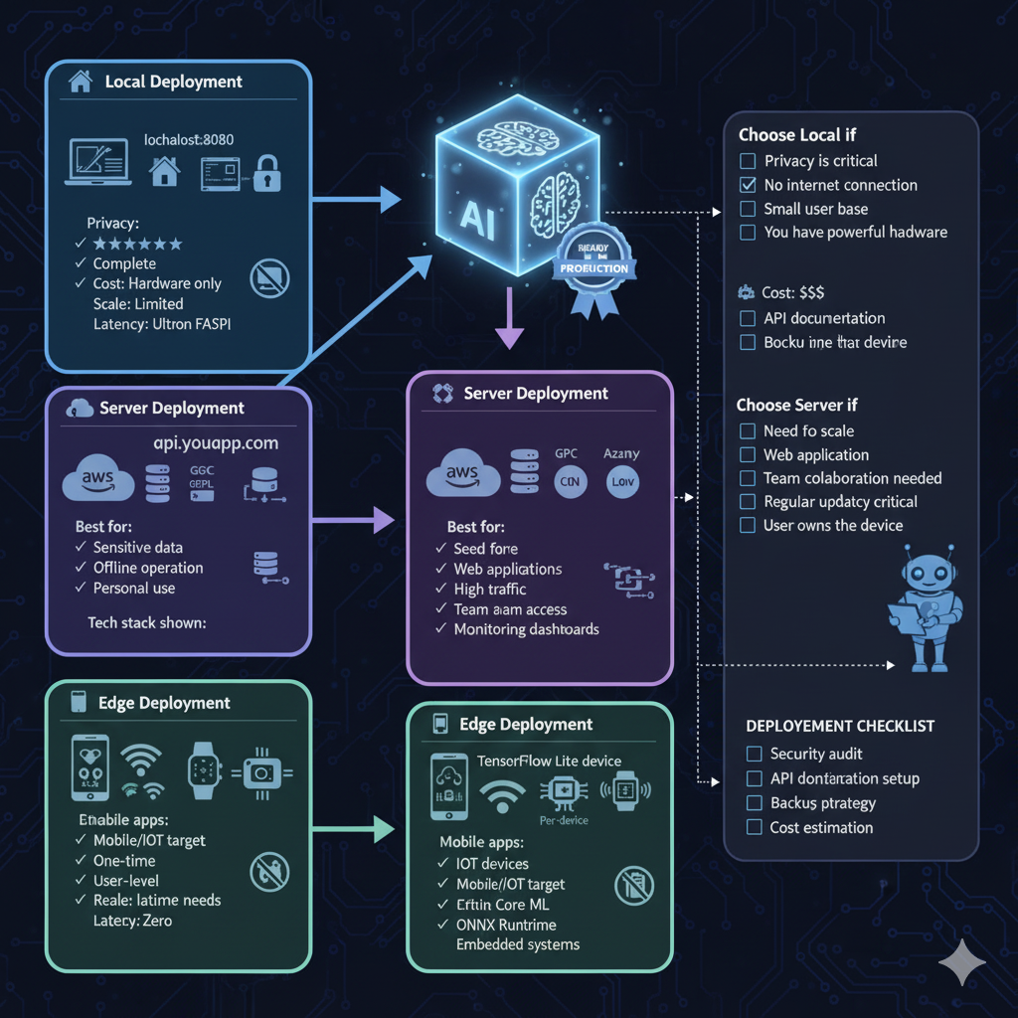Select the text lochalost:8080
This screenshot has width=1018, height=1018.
pos(189,139)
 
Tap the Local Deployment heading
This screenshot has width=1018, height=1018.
pos(173,82)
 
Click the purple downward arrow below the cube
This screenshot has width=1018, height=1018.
pos(508,317)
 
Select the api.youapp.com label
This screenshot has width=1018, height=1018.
pos(216,443)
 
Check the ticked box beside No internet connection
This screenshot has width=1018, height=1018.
pos(748,185)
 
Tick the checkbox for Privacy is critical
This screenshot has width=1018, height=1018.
pos(748,161)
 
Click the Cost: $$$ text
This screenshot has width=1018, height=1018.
pos(792,293)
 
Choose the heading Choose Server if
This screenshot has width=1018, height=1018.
pos(796,405)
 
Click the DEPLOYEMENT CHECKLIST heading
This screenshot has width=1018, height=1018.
pos(840,726)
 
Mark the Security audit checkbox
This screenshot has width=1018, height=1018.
pos(754,755)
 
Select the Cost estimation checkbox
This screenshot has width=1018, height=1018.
pos(754,827)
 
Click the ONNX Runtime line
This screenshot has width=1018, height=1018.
pos(507,925)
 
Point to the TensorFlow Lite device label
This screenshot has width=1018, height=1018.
pos(549,761)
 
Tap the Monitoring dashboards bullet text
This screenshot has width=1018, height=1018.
pos(526,629)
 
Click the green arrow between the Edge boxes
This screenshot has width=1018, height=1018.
pos(357,826)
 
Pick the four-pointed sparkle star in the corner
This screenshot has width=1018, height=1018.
pos(962,962)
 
